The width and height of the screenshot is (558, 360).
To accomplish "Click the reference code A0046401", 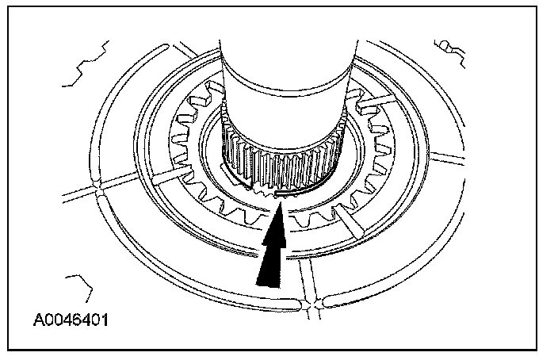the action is [71, 321].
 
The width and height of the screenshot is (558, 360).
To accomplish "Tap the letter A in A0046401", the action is [39, 321].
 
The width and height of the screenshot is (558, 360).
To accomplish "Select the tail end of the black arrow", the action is [268, 278].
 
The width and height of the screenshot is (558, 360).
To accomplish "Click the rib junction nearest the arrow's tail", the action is [316, 302].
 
